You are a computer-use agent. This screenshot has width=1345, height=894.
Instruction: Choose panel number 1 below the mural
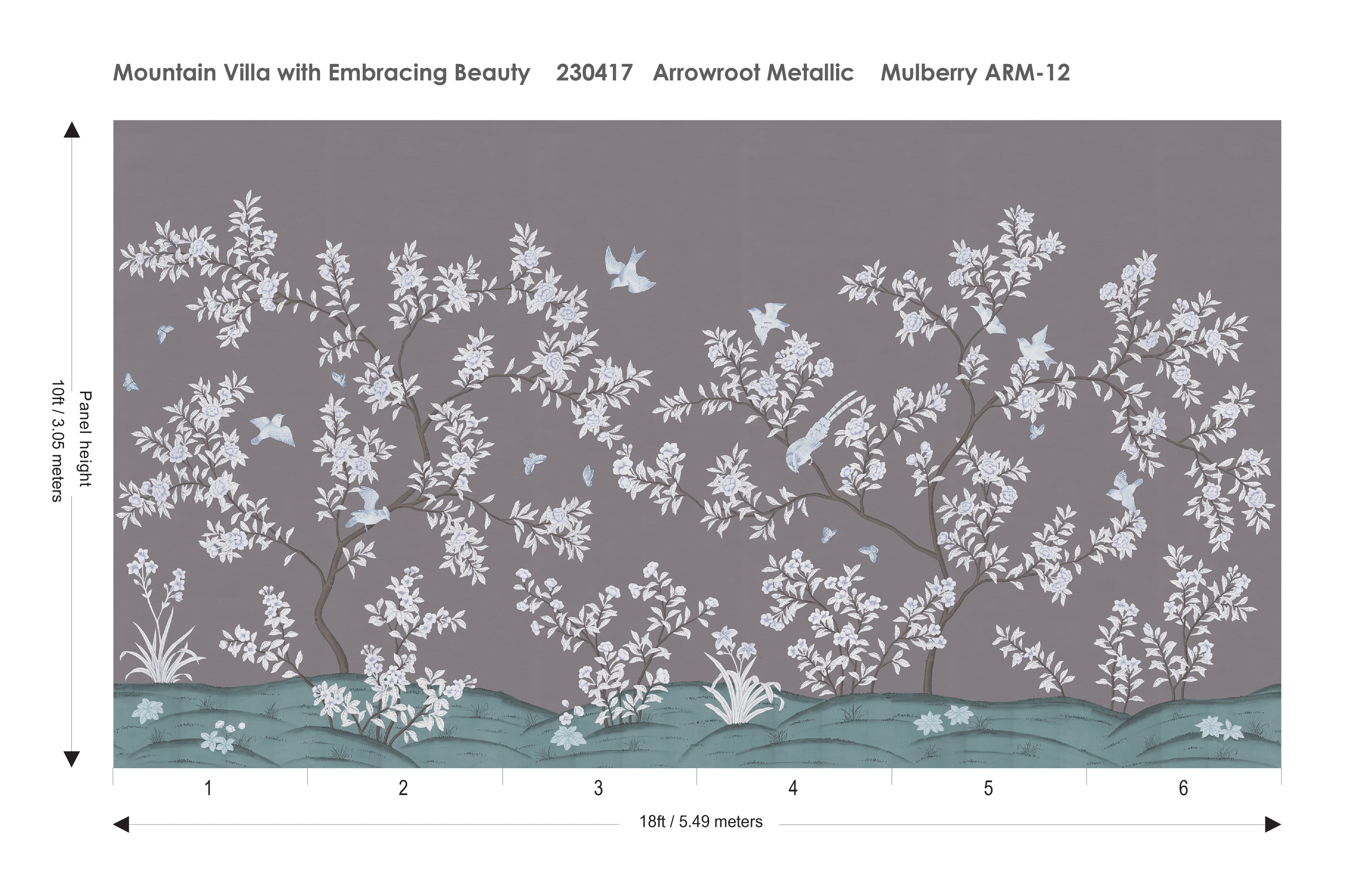coord(208,788)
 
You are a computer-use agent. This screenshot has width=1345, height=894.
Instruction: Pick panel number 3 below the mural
coord(598,788)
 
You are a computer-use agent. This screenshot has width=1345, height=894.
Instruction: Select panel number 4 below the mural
coord(793,788)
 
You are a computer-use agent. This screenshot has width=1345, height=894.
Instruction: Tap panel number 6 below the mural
coord(1183,788)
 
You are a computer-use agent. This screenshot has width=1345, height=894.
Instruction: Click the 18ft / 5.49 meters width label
coord(700,822)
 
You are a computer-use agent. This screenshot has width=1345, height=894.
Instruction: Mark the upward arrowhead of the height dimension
coord(72,130)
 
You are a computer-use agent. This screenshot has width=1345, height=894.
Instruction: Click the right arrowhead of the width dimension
coord(1273,825)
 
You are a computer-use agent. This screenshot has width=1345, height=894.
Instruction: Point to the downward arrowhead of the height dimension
coord(72,759)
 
